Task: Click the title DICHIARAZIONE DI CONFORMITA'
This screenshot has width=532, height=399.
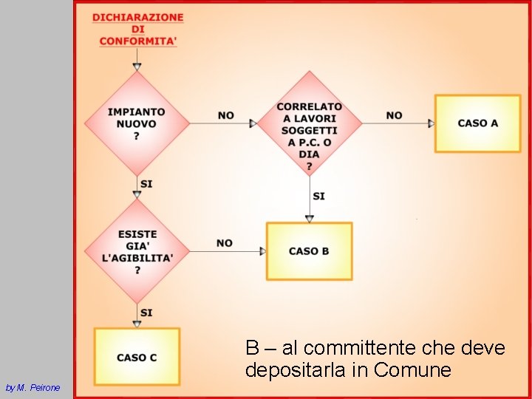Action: pyautogui.click(x=138, y=29)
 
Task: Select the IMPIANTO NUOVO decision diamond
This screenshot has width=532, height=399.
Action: pyautogui.click(x=137, y=123)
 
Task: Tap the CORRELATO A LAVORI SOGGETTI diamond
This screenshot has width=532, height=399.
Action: pyautogui.click(x=310, y=123)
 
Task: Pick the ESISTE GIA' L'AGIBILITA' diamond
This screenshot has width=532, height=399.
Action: pyautogui.click(x=137, y=251)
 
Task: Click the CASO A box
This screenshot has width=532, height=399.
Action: pyautogui.click(x=477, y=123)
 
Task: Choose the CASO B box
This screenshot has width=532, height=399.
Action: pyautogui.click(x=309, y=251)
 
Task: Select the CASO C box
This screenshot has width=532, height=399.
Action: pyautogui.click(x=137, y=357)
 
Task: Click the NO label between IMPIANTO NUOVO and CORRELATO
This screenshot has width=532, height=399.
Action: pyautogui.click(x=226, y=115)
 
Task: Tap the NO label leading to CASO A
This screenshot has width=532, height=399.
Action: pyautogui.click(x=395, y=115)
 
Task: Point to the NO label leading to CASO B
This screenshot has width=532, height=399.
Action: pyautogui.click(x=225, y=243)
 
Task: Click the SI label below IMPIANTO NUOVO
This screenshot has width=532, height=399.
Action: pyautogui.click(x=146, y=183)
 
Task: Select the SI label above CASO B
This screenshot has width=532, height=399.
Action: pyautogui.click(x=318, y=196)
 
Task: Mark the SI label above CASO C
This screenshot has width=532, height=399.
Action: pyautogui.click(x=146, y=313)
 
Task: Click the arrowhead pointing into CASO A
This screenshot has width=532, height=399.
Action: pyautogui.click(x=431, y=123)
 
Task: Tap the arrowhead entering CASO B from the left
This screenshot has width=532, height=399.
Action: pyautogui.click(x=262, y=251)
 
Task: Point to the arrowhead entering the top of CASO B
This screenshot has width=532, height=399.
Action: pyautogui.click(x=310, y=218)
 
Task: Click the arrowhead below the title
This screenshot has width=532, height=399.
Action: pyautogui.click(x=137, y=67)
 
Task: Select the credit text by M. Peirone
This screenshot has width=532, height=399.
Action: pyautogui.click(x=33, y=387)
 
